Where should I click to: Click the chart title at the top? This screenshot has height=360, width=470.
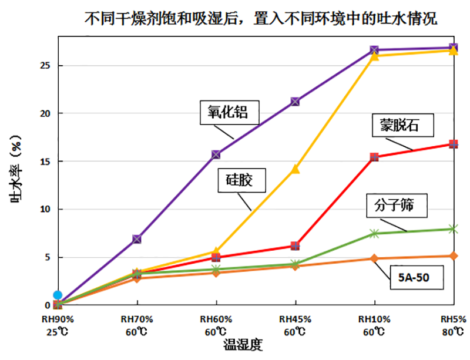[261, 19]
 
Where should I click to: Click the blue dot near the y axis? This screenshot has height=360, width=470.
[57, 295]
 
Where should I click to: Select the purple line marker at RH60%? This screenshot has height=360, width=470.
[216, 154]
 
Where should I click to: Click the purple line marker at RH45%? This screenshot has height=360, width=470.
[295, 102]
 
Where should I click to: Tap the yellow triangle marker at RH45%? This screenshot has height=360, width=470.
[295, 170]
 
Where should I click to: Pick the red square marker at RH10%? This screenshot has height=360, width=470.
[374, 157]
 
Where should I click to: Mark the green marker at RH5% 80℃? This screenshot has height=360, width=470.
[453, 228]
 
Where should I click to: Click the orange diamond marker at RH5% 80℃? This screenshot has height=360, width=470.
[453, 256]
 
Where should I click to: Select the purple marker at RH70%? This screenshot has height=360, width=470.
[137, 239]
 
